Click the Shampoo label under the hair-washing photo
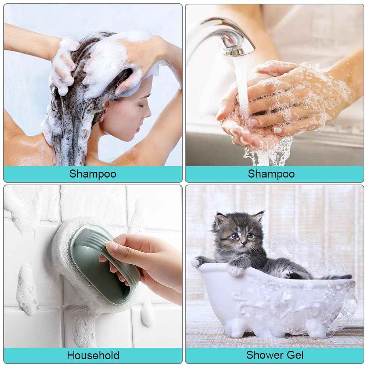click(93, 174)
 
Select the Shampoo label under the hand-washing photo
click(271, 174)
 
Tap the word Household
click(93, 356)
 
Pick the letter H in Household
click(71, 356)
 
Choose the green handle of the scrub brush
click(103, 262)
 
